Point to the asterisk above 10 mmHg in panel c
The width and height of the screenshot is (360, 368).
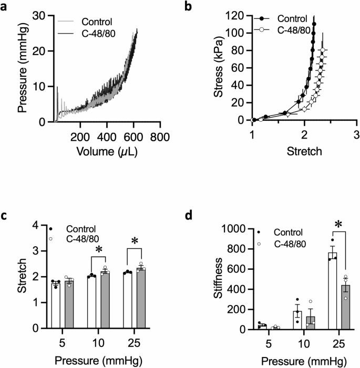coord(98,248)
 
